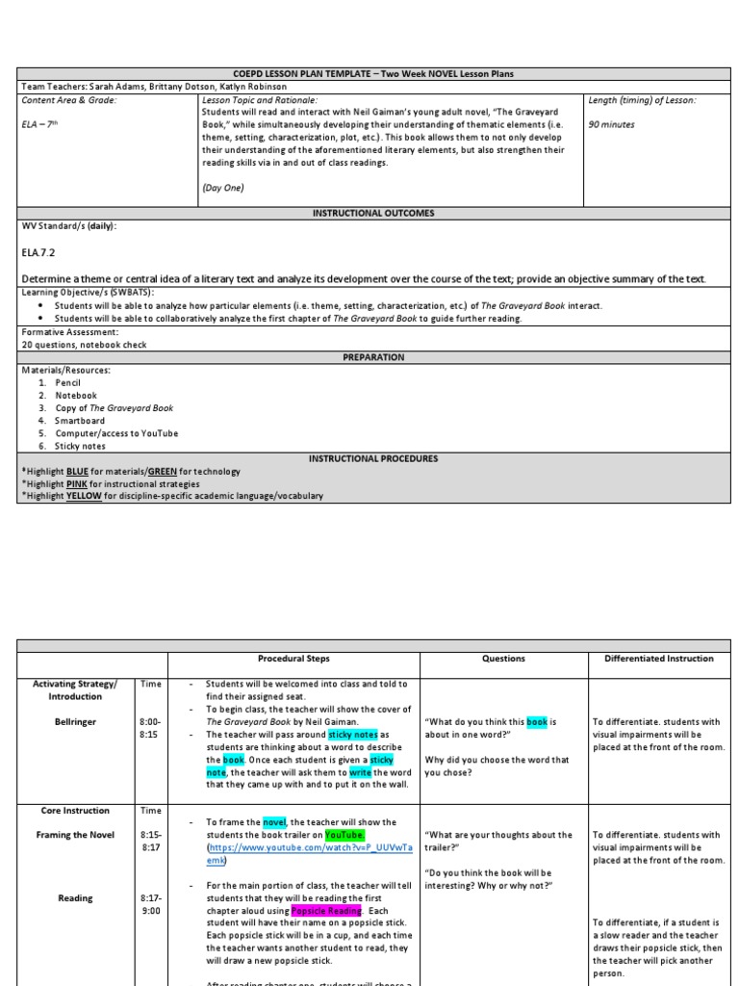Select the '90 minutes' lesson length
click(612, 124)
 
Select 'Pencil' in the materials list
click(69, 382)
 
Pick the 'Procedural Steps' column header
click(293, 659)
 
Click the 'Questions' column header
click(503, 659)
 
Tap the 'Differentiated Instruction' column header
click(659, 659)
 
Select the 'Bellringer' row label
click(75, 721)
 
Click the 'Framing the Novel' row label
click(75, 835)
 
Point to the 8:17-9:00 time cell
click(149, 904)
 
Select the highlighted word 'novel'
click(274, 822)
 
